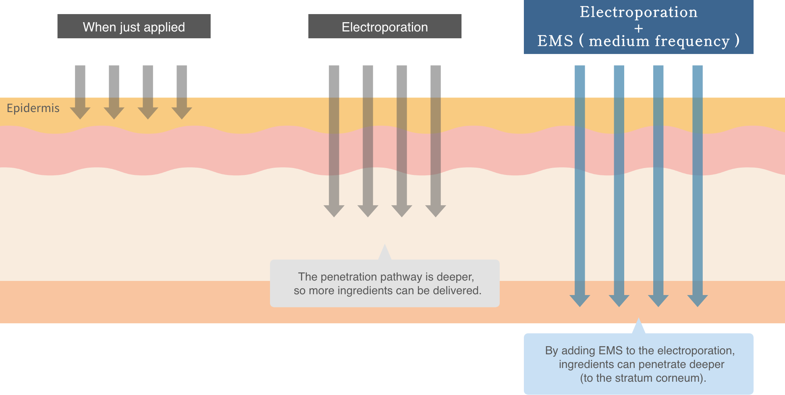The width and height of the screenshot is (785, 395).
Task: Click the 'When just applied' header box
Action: pyautogui.click(x=134, y=27)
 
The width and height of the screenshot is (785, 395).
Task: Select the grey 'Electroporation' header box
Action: pyautogui.click(x=385, y=27)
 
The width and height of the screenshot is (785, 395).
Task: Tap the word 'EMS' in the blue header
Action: pyautogui.click(x=555, y=41)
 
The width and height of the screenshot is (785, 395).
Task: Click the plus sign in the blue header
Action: pyautogui.click(x=638, y=29)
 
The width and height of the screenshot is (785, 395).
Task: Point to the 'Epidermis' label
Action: pyautogui.click(x=33, y=108)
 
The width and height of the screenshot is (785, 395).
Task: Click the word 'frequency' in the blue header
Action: pyautogui.click(x=692, y=41)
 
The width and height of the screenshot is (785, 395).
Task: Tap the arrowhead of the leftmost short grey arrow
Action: pyautogui.click(x=80, y=113)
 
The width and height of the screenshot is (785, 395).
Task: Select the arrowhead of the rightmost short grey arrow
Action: pyautogui.click(x=182, y=113)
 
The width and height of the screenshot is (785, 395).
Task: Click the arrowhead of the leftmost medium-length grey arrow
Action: pyautogui.click(x=334, y=210)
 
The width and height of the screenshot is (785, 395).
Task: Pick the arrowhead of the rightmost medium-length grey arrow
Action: pyautogui.click(x=436, y=210)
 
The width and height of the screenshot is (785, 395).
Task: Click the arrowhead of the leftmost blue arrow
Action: pyautogui.click(x=580, y=300)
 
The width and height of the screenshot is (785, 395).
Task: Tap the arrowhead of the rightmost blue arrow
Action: pyautogui.click(x=698, y=300)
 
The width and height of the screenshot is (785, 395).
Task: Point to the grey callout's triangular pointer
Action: pyautogui.click(x=385, y=253)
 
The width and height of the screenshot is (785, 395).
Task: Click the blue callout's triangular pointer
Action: pyautogui.click(x=638, y=327)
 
